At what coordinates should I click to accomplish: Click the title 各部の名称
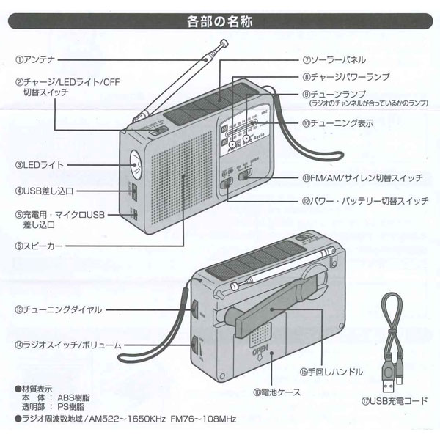[219, 21]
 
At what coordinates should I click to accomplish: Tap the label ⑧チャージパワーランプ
[345, 76]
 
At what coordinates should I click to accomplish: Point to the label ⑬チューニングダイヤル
[57, 309]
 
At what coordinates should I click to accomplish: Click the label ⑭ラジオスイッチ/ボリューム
[67, 343]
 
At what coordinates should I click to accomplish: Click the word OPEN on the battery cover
[257, 354]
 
